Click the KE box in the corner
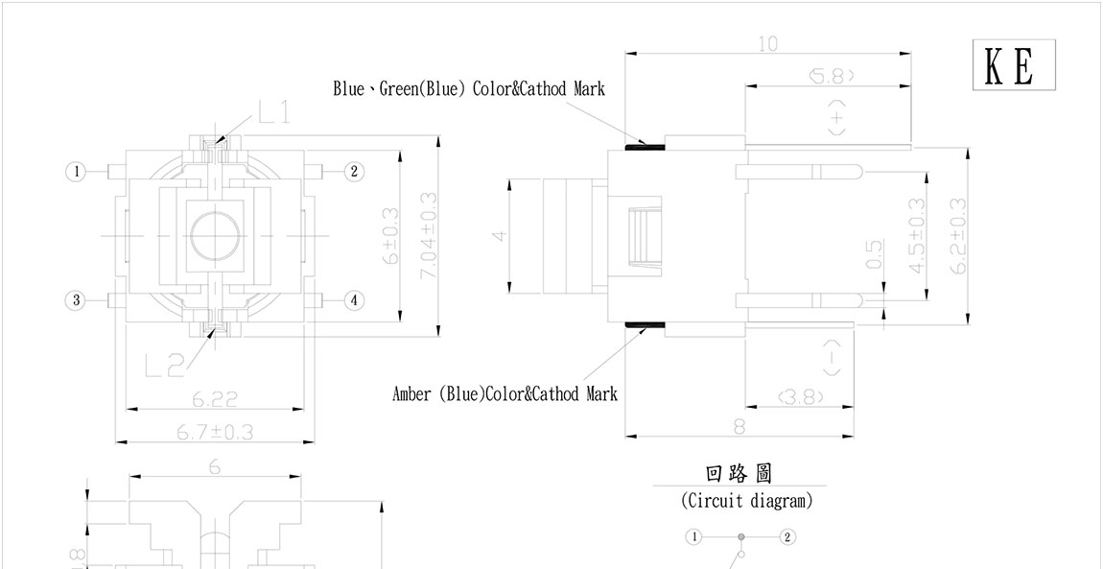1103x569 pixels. point(1014,65)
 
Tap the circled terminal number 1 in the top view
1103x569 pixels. point(75,172)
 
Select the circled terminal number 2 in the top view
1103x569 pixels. point(354,172)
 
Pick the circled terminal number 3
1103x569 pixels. point(75,300)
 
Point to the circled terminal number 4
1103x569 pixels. point(354,300)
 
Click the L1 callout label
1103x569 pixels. point(274,114)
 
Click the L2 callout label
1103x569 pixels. point(164,366)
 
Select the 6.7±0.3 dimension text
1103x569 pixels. point(215,432)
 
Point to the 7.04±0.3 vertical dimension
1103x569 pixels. point(428,236)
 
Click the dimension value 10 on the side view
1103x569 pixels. point(767,44)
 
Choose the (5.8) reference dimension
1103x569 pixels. point(831,75)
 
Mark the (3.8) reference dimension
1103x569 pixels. point(801,395)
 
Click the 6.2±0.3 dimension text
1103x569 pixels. point(958,236)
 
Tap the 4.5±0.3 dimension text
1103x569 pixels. point(917,236)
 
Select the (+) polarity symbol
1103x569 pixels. point(837,118)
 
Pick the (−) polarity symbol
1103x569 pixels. point(832,358)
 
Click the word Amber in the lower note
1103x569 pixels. point(413,394)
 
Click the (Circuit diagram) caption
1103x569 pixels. point(746,501)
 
